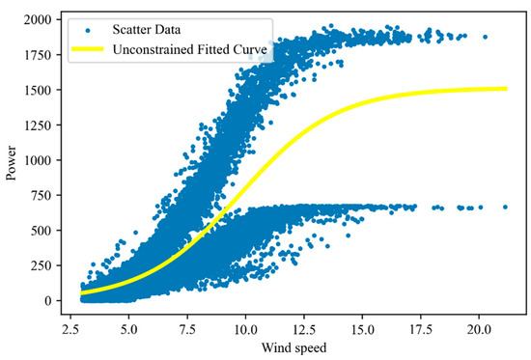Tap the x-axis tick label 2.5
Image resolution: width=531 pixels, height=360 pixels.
(x=70, y=327)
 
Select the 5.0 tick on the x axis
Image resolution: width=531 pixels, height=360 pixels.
(x=129, y=327)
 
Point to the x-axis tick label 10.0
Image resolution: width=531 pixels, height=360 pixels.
(x=246, y=327)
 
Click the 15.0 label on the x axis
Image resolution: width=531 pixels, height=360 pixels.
(x=363, y=327)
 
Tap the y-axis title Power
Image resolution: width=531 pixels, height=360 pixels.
(x=13, y=160)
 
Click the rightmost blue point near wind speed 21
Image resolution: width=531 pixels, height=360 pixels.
(x=505, y=207)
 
